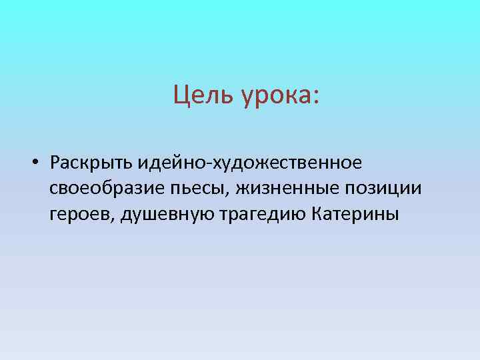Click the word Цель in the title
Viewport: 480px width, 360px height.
pyautogui.click(x=198, y=95)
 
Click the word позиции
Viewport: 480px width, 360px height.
pyautogui.click(x=386, y=189)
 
